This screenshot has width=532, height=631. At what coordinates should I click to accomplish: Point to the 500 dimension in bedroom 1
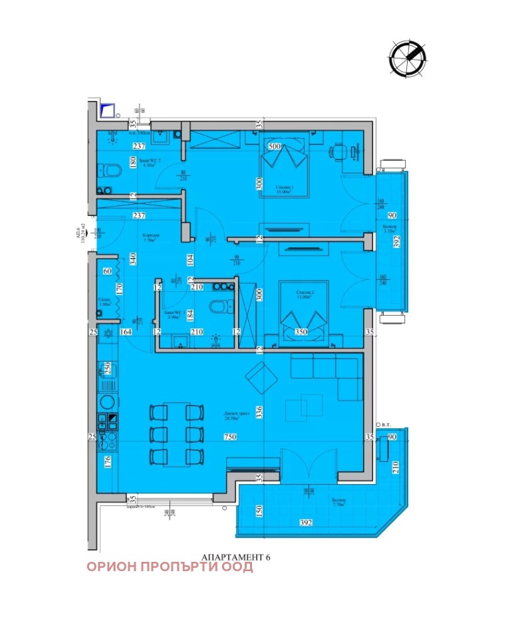tap(274, 146)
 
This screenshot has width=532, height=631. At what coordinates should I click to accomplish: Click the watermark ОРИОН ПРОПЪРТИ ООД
tap(170, 567)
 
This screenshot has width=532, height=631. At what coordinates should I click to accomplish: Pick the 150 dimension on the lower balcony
tap(259, 511)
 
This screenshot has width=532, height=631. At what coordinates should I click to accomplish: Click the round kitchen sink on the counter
tap(106, 402)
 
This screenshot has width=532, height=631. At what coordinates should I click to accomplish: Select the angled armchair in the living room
tap(259, 378)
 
